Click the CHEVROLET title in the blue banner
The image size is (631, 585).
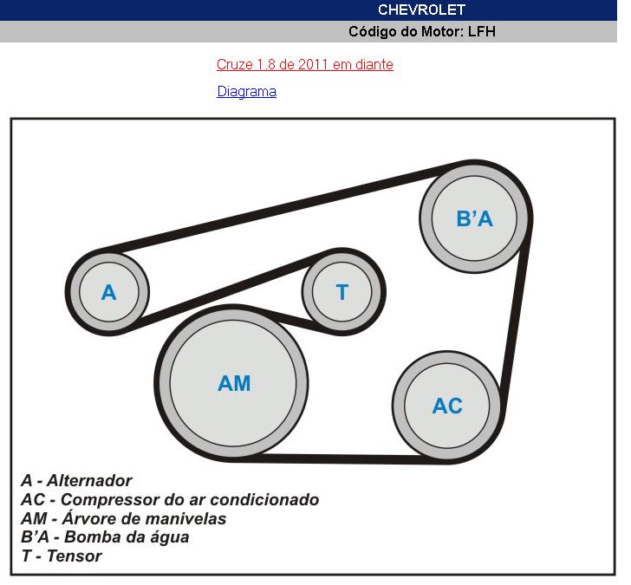(x=421, y=10)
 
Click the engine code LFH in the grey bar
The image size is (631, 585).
(x=481, y=31)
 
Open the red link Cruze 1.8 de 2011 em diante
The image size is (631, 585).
(x=304, y=64)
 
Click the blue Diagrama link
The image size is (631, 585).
(x=247, y=91)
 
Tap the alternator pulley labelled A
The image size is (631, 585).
(x=107, y=292)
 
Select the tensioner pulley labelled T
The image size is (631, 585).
(x=342, y=292)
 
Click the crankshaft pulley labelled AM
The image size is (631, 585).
(x=232, y=382)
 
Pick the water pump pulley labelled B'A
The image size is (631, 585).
(x=475, y=218)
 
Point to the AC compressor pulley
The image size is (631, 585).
(x=447, y=406)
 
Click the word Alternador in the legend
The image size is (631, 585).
(x=89, y=480)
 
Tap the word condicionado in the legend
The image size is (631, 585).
(x=264, y=500)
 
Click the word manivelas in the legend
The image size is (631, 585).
(x=183, y=518)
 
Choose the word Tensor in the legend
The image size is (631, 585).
(x=74, y=556)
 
